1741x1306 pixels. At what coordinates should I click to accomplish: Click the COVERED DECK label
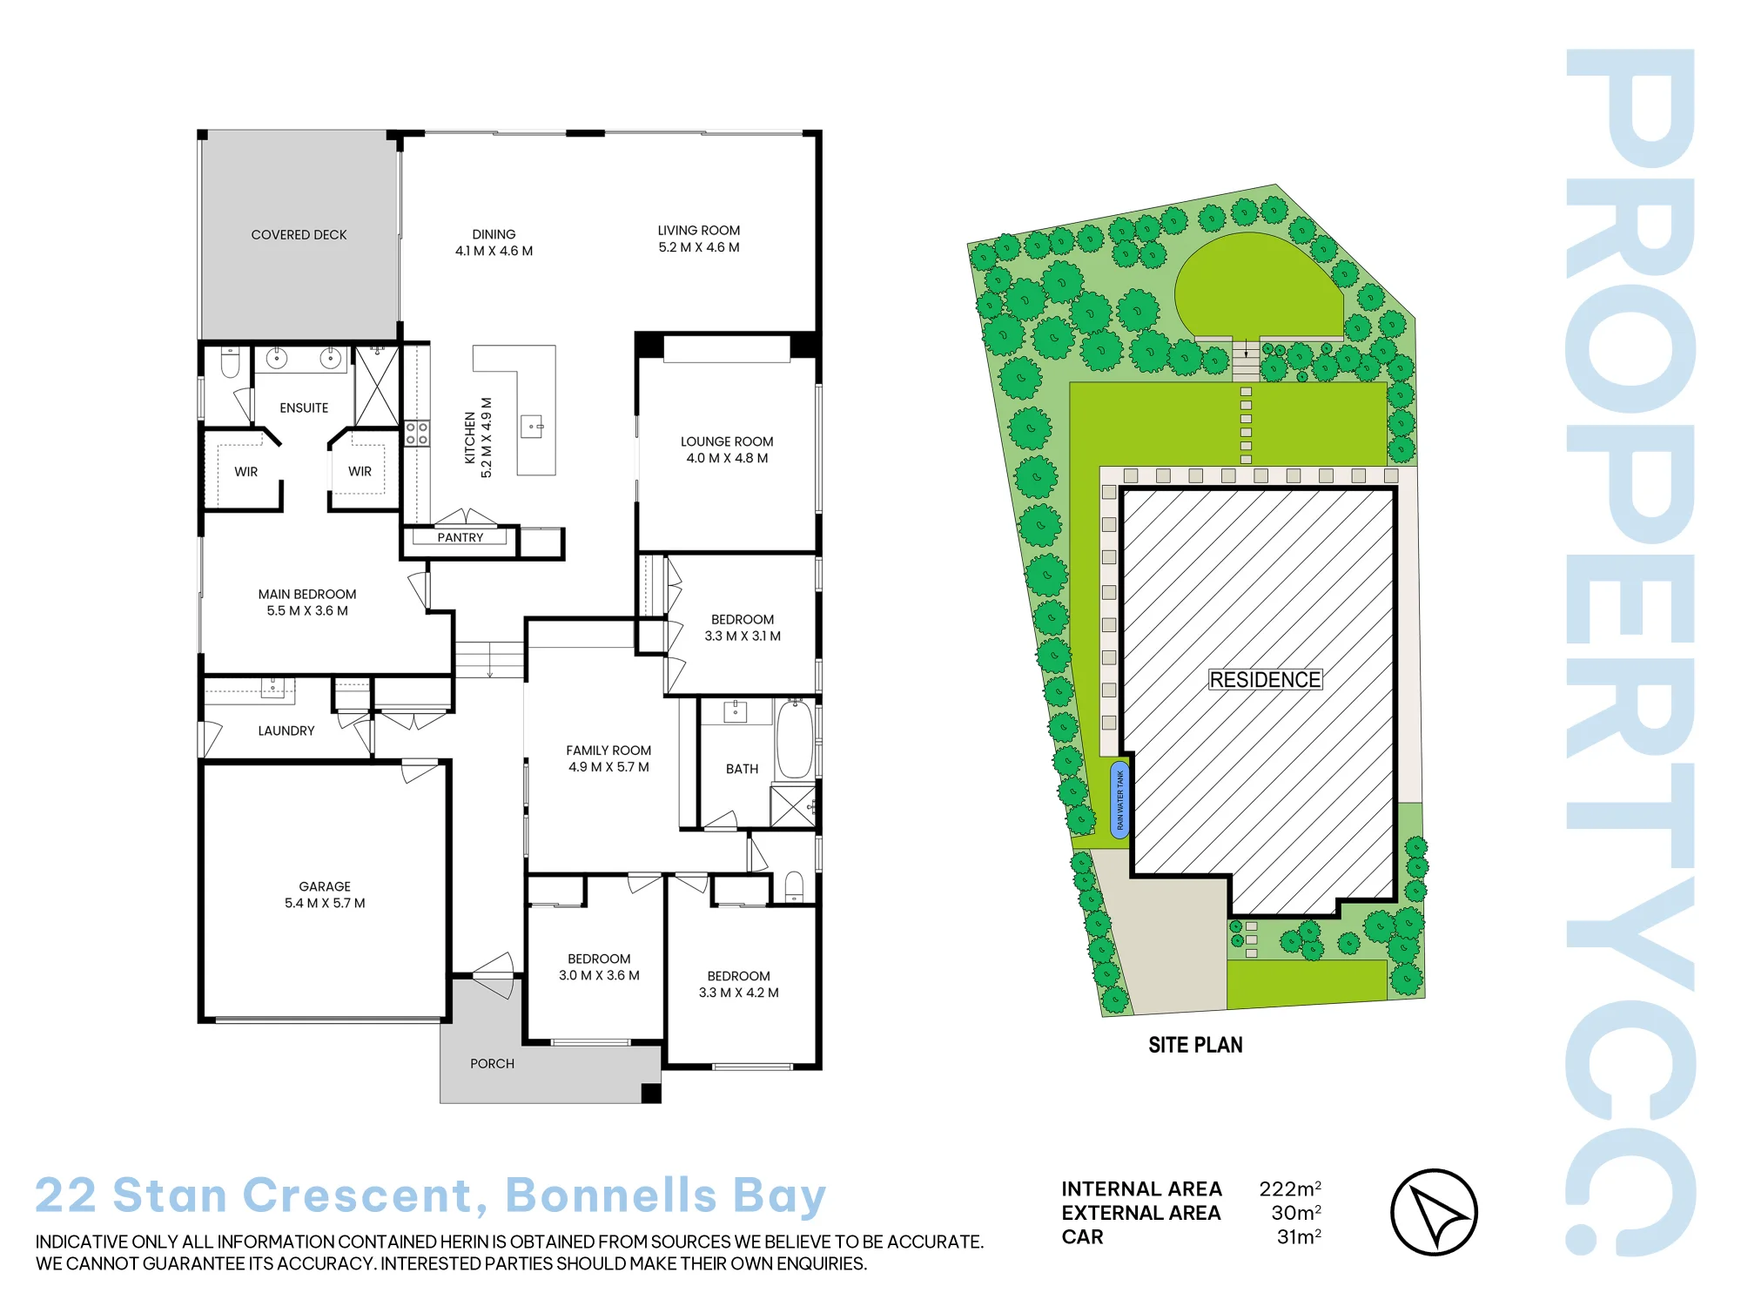(299, 235)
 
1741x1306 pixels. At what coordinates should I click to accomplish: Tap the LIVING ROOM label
(699, 231)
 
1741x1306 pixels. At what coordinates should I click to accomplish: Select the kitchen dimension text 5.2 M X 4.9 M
(487, 438)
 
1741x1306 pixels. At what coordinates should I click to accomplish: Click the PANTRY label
(460, 538)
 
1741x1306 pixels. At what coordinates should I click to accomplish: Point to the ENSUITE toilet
(230, 361)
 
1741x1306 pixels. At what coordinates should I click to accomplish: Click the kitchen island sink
(532, 427)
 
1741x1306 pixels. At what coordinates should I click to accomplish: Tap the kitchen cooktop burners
(417, 433)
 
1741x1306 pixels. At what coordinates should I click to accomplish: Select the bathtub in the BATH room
(794, 739)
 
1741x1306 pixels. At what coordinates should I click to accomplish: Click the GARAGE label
(325, 886)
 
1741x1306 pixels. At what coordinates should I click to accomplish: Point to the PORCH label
(492, 1064)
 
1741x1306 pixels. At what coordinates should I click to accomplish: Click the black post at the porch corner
(651, 1094)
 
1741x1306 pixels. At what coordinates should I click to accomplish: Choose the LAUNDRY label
(286, 731)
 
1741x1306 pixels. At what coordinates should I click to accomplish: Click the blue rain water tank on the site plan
(1119, 800)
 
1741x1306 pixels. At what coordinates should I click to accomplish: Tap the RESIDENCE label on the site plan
(1265, 680)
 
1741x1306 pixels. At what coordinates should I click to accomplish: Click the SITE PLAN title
(1195, 1045)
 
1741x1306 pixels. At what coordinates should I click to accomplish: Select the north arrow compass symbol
(1434, 1212)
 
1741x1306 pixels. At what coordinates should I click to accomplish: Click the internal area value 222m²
(1290, 1188)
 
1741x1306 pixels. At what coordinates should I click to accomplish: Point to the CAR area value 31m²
(1299, 1236)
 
